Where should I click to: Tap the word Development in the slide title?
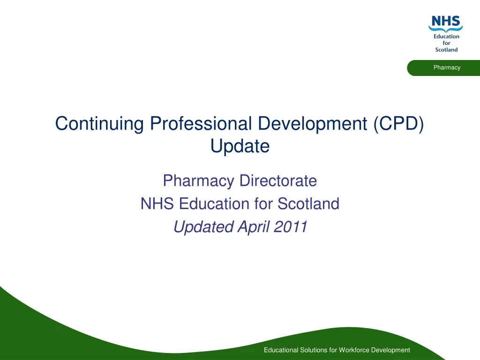(x=314, y=124)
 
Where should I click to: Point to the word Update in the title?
(x=240, y=147)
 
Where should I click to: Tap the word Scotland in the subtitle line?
(x=308, y=204)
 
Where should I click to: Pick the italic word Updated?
(x=203, y=227)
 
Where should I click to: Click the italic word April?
(x=254, y=227)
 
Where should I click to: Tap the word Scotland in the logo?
(x=446, y=50)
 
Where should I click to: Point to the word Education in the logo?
(x=446, y=37)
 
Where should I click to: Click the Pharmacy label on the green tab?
(x=447, y=67)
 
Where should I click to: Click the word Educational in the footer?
(x=281, y=350)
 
